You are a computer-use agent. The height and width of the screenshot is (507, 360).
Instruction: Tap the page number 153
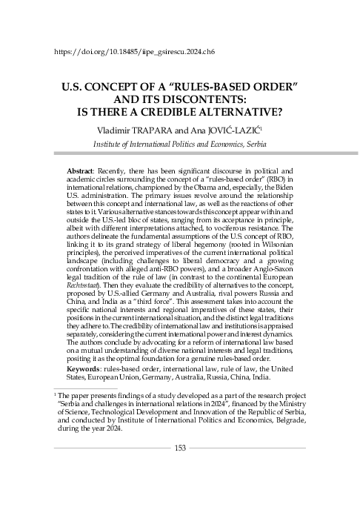(x=181, y=448)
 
